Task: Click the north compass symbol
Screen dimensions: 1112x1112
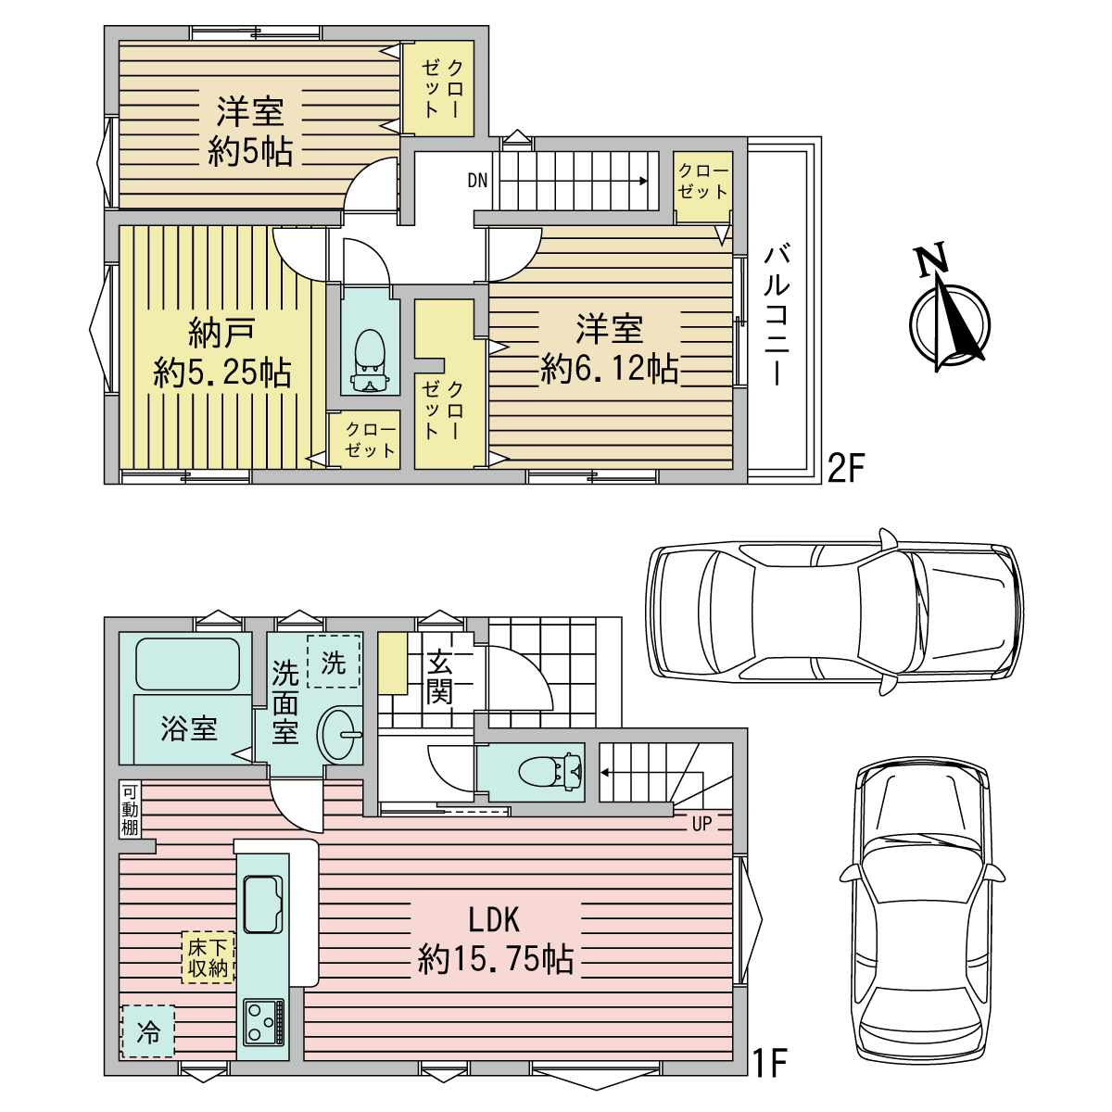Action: pyautogui.click(x=948, y=311)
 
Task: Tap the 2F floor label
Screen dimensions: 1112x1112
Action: pyautogui.click(x=847, y=468)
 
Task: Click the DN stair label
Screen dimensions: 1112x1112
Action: pyautogui.click(x=477, y=181)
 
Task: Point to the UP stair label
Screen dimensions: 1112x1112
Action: pyautogui.click(x=701, y=824)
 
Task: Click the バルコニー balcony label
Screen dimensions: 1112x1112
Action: pyautogui.click(x=777, y=315)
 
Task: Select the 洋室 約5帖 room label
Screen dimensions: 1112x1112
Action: pyautogui.click(x=250, y=133)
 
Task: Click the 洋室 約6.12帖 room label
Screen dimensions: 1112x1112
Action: pyautogui.click(x=610, y=348)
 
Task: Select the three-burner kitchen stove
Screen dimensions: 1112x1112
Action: pyautogui.click(x=264, y=1030)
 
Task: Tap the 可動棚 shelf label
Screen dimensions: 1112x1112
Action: pyautogui.click(x=130, y=810)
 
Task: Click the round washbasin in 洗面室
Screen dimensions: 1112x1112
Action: pyautogui.click(x=337, y=735)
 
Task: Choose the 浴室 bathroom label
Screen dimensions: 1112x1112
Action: pyautogui.click(x=189, y=728)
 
